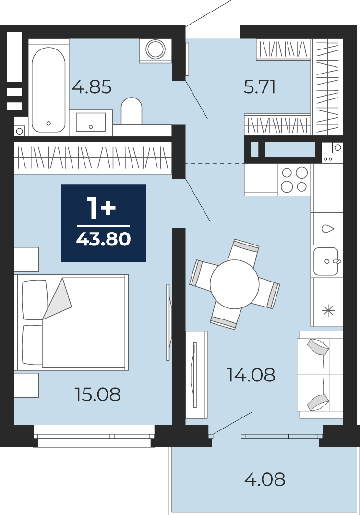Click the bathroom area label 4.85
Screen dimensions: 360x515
point(92,87)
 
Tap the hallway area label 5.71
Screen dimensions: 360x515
point(259,87)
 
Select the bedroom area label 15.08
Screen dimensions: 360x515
point(98,394)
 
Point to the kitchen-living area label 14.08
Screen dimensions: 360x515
point(251,375)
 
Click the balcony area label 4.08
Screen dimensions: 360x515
point(265,479)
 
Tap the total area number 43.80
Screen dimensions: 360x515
point(103,239)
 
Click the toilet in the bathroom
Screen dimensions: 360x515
point(132,111)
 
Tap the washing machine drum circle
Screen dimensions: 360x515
point(155,49)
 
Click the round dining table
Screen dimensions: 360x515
point(235,284)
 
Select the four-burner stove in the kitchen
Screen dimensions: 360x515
point(294,180)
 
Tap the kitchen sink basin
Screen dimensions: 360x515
point(325,261)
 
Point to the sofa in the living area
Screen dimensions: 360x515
point(320,375)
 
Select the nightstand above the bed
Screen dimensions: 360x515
point(26,259)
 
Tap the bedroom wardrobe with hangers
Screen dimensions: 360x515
point(93,157)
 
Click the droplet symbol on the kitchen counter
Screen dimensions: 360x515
point(327,229)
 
